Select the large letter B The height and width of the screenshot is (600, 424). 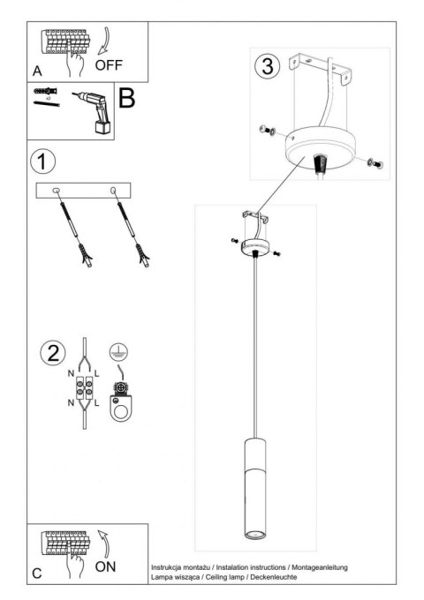click(126, 98)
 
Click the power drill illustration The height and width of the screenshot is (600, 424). click(94, 113)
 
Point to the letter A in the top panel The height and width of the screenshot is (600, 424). click(37, 70)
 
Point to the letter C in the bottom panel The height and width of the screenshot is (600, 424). click(37, 574)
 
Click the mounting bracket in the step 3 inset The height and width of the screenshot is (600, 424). click(324, 70)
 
